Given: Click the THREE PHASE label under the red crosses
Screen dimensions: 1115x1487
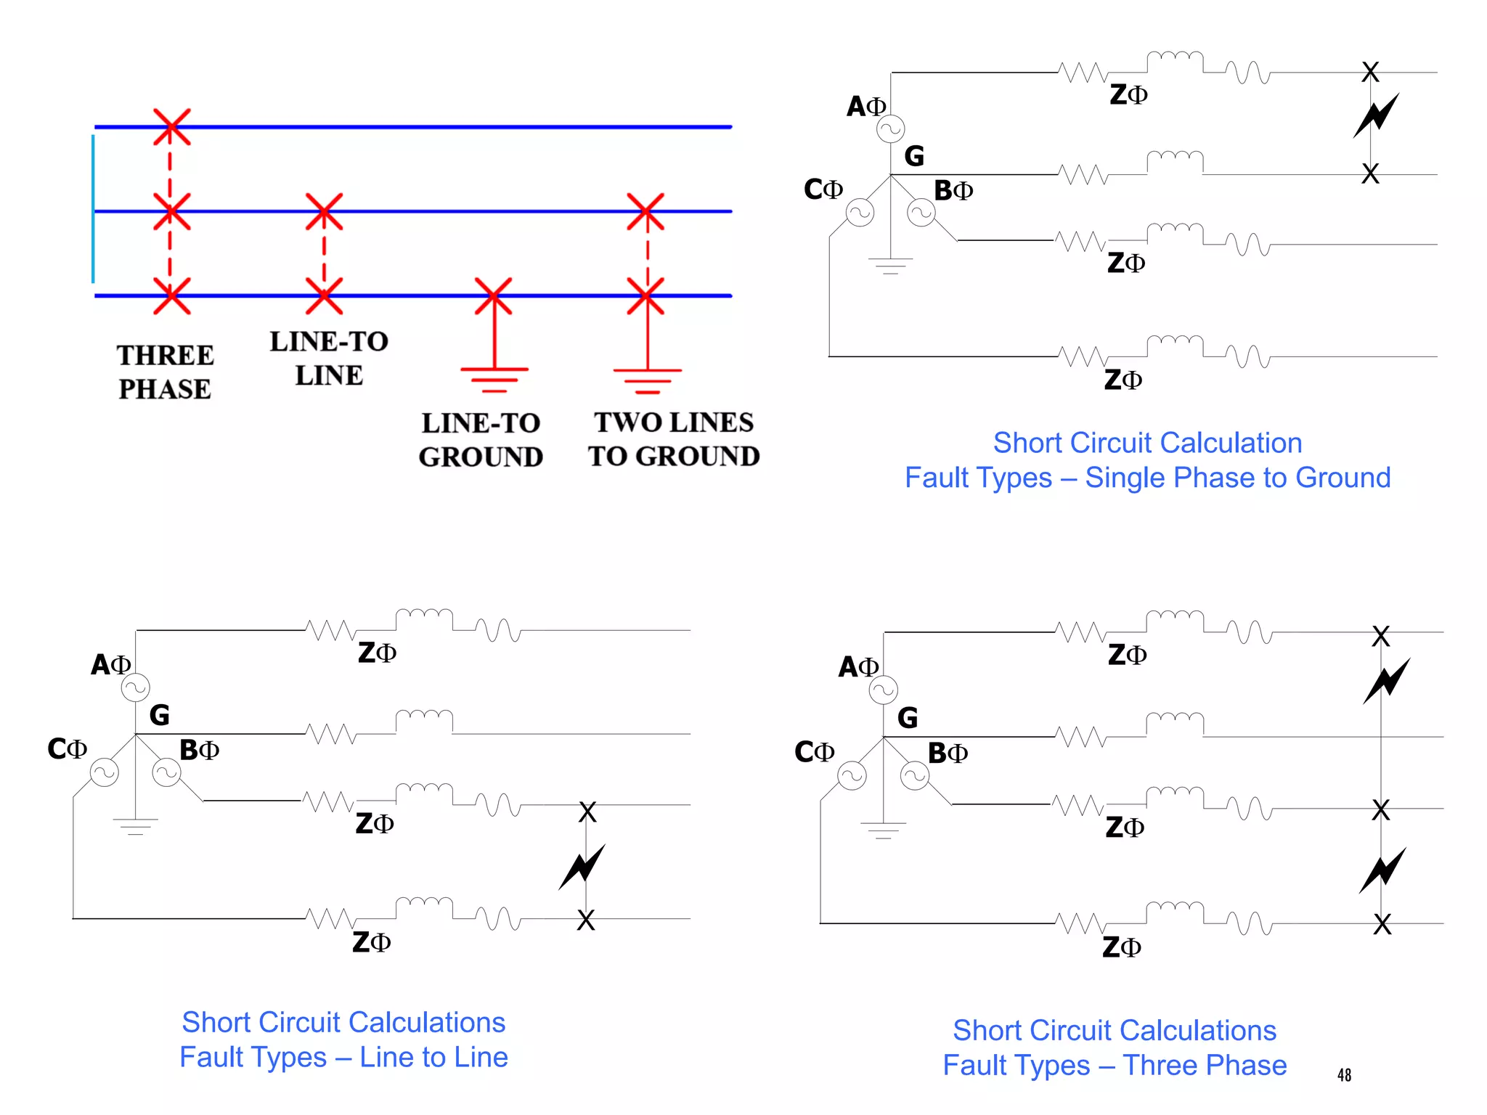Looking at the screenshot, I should point(165,372).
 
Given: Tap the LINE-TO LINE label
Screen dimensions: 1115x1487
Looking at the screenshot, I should point(329,358).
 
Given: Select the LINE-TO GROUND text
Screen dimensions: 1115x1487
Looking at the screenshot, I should point(481,440).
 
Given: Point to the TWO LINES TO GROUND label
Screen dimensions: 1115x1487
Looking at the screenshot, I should point(674,439).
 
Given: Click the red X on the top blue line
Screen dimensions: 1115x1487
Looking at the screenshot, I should point(171,127).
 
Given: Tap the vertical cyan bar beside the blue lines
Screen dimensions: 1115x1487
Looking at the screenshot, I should point(93,209).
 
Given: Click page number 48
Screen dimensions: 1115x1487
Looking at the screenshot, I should point(1344,1075).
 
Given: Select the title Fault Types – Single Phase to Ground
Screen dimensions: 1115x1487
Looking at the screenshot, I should point(1147,478).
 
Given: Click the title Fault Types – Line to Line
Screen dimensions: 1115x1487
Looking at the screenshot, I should point(343,1057).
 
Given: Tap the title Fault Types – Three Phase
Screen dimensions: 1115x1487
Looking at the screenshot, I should point(1115,1065).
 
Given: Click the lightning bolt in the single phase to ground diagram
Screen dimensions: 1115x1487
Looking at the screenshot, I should point(1376,116).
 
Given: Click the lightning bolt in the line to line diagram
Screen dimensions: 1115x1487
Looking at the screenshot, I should point(582,867).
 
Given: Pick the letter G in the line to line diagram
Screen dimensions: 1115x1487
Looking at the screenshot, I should point(159,716).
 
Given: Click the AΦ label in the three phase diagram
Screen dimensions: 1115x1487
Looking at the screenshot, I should point(858,666).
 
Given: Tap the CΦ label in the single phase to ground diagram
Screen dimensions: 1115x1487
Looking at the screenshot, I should point(823,189).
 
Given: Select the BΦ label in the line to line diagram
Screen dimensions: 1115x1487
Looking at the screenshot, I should point(199,750).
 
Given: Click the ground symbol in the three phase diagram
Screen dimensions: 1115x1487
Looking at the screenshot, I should point(883,830).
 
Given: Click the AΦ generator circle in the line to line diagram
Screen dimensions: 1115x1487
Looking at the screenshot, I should point(136,687).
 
